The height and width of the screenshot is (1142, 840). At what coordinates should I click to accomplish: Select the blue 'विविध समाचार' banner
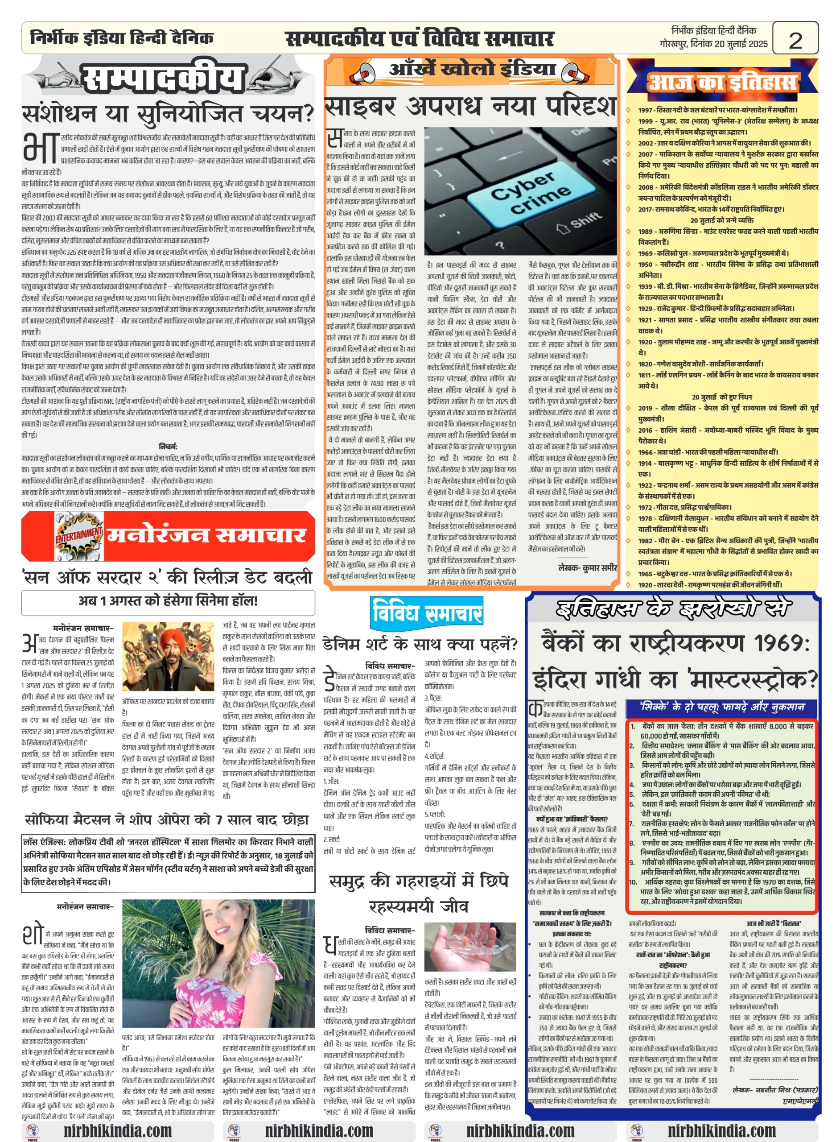point(426,612)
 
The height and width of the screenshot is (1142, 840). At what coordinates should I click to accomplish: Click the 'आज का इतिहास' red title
point(722,83)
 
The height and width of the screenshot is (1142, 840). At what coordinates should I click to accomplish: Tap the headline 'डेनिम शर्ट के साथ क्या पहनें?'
point(420,645)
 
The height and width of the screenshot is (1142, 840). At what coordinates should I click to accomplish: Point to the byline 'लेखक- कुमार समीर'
point(587,568)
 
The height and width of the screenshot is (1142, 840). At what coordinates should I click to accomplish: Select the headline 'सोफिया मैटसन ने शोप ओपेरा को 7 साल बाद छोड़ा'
point(167,820)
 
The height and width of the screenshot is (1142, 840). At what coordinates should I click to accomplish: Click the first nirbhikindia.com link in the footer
point(117,1130)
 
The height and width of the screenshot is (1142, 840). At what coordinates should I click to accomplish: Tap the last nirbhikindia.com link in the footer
point(721,1130)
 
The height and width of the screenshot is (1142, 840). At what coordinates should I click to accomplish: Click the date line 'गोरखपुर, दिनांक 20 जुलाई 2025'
point(713,44)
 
